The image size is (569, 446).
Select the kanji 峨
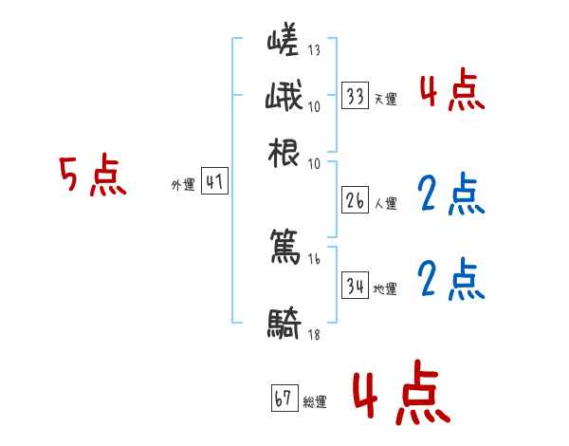coord(284,97)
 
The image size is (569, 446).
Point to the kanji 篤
coord(284,250)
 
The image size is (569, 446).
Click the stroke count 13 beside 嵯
coord(315,50)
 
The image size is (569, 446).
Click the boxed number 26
coord(355,200)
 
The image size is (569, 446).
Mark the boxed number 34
coord(355,286)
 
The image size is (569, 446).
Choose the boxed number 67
coord(284,400)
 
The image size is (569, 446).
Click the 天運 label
coord(385,98)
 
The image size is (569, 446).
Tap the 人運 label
coord(385,203)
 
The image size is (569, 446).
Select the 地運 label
coord(385,288)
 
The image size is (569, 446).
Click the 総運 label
coord(315,402)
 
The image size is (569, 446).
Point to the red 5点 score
coord(92,177)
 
